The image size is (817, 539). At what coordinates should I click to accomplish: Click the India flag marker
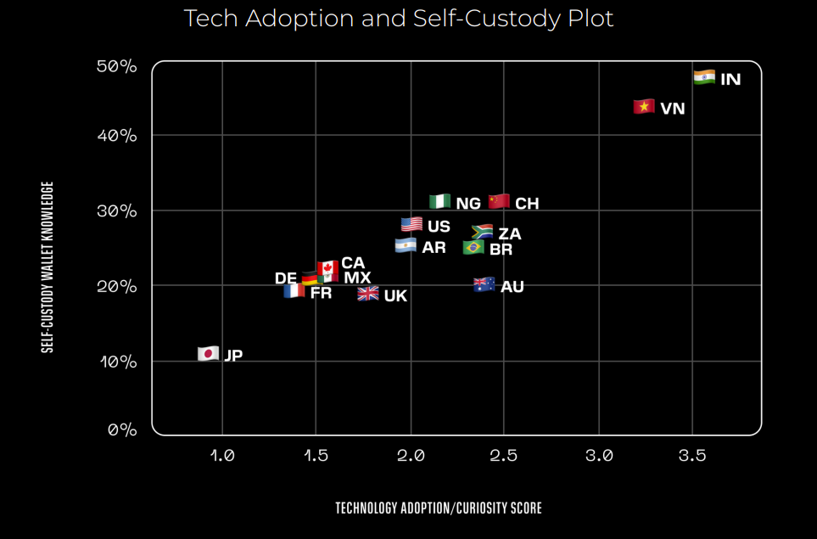[x=704, y=77]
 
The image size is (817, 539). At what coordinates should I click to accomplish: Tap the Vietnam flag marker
[x=644, y=107]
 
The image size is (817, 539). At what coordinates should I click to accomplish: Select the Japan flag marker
[x=209, y=353]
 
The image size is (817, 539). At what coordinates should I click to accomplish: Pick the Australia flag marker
[x=484, y=284]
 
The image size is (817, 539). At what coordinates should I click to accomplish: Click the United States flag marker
[x=411, y=224]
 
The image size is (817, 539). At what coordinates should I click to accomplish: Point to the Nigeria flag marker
[x=439, y=201]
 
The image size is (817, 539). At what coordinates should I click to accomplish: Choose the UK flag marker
[x=368, y=294]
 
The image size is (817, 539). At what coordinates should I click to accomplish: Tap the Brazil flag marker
[x=473, y=247]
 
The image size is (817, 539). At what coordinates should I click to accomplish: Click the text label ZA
[x=510, y=234]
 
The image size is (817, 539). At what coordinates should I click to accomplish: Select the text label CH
[x=527, y=204]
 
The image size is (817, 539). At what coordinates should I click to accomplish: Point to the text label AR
[x=434, y=248]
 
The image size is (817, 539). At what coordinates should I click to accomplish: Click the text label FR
[x=321, y=294]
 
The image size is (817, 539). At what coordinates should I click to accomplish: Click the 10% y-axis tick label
[x=118, y=362]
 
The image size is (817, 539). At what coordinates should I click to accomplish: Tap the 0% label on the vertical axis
[x=122, y=430]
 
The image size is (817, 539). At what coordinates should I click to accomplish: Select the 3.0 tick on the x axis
[x=599, y=456]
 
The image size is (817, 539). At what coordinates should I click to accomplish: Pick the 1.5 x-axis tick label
[x=316, y=456]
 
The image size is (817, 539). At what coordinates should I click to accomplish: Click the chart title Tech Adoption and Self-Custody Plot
[x=399, y=19]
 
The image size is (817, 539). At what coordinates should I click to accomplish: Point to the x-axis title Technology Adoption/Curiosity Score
[x=438, y=508]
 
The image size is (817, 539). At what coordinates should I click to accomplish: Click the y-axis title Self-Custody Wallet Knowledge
[x=48, y=267]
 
